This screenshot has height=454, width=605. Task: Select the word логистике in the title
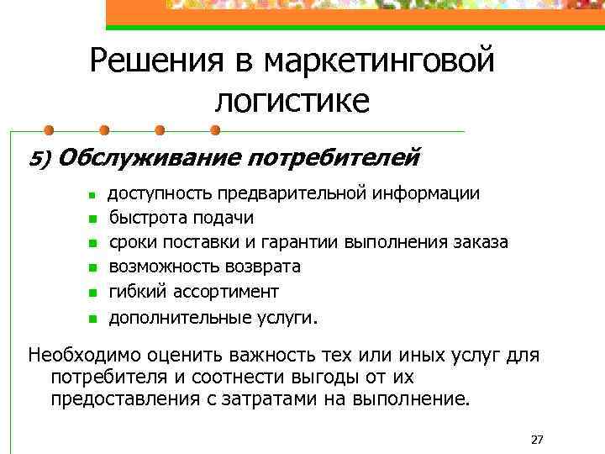click(292, 102)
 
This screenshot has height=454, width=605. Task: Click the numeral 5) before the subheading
click(40, 158)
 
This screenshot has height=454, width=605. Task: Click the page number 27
click(539, 439)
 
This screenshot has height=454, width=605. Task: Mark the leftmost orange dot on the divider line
click(49, 130)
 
